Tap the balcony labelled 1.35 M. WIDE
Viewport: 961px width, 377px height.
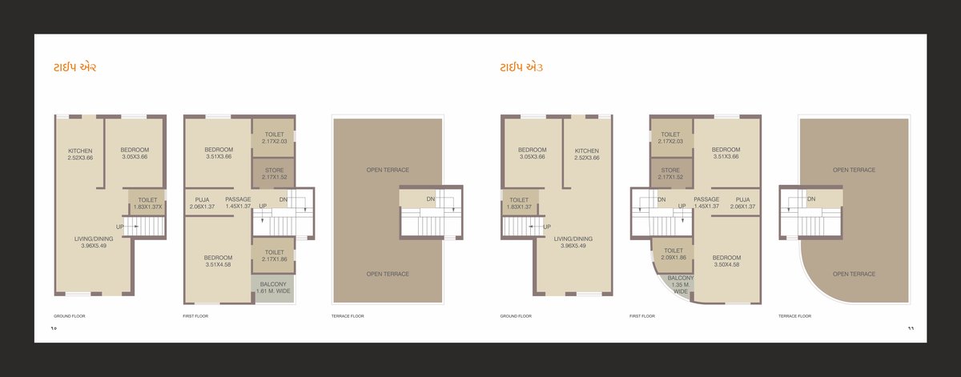point(680,284)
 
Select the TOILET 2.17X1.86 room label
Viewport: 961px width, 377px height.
point(274,255)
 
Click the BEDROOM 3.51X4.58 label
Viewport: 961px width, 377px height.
point(218,260)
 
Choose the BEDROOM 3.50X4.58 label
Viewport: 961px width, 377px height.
point(726,260)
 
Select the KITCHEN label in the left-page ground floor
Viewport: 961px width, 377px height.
point(80,154)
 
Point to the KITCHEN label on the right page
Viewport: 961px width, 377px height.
point(586,154)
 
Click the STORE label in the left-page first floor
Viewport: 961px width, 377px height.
point(274,173)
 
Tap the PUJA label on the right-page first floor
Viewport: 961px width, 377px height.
point(742,203)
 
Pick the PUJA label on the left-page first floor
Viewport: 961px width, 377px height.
point(202,203)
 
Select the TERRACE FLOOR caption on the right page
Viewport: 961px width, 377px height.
point(794,316)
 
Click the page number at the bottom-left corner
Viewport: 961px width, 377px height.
point(54,328)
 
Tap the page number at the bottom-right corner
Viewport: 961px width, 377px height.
point(911,328)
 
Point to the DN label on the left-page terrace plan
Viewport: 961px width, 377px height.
point(430,199)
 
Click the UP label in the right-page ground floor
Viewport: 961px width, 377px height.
point(546,227)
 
